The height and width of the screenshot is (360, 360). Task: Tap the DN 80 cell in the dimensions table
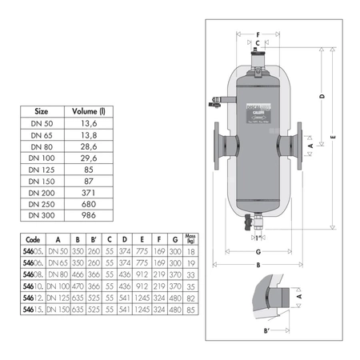coord(58,273)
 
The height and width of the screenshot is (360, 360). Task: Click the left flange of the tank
coord(219,149)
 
